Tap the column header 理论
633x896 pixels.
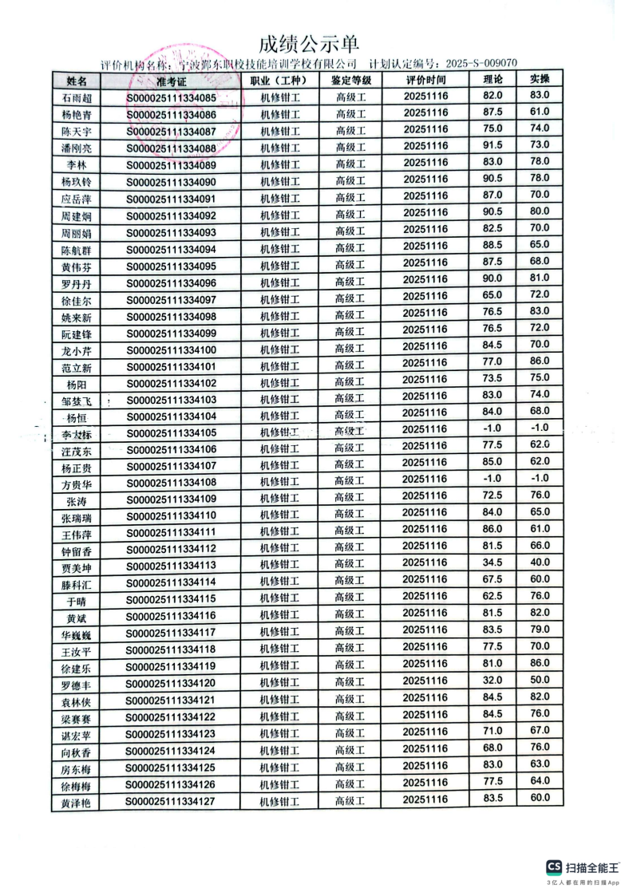pos(493,79)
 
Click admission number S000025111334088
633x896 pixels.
pos(171,148)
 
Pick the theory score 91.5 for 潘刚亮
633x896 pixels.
pos(493,144)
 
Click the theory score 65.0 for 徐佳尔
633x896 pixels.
pos(493,295)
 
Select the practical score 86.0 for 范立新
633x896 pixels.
pos(540,361)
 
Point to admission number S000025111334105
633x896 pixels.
pos(171,432)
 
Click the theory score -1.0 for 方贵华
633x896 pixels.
pos(493,478)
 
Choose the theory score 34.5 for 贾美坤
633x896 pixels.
pos(493,562)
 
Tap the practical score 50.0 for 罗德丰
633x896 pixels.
pos(540,680)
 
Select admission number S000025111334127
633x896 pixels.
pos(171,801)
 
